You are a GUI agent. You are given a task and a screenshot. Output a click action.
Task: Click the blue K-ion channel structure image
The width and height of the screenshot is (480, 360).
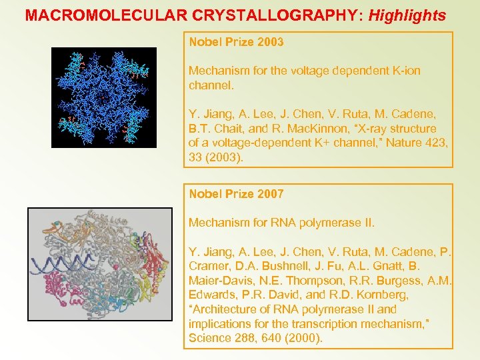point(104,97)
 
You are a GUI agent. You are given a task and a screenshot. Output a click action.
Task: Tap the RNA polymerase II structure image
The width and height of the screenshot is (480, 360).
point(99,273)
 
